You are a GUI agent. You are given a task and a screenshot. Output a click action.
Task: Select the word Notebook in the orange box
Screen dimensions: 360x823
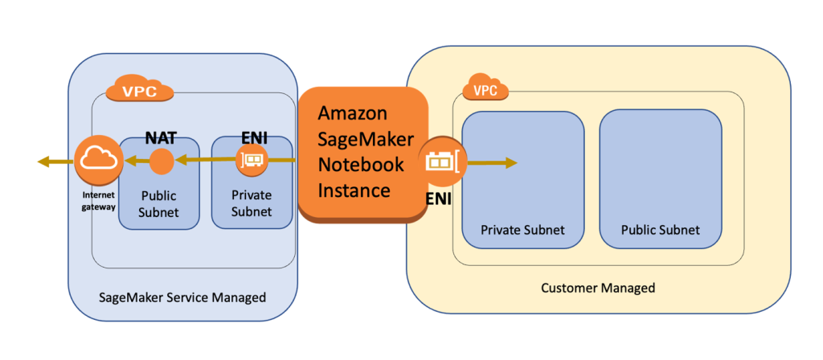(x=358, y=164)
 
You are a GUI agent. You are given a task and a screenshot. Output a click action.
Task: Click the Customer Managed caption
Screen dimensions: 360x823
(x=598, y=288)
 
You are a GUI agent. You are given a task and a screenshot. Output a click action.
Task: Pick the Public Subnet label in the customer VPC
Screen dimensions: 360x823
(x=660, y=230)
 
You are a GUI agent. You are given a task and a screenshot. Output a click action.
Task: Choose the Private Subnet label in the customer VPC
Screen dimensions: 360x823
(x=522, y=230)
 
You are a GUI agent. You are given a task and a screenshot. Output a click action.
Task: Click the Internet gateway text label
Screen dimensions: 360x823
(x=97, y=201)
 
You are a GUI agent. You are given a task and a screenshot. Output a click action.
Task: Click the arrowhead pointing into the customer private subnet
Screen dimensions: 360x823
(x=510, y=163)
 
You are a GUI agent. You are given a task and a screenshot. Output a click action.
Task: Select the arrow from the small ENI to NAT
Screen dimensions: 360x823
(x=205, y=162)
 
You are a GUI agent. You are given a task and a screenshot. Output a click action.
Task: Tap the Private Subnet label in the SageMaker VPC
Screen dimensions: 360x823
(x=251, y=203)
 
